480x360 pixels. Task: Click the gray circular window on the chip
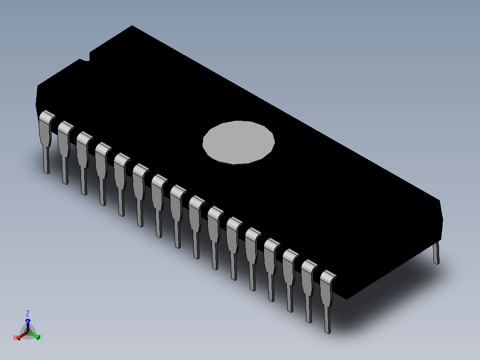tap(239, 142)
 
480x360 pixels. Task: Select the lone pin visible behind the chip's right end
tap(436, 253)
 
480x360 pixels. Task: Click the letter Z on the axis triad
tap(28, 313)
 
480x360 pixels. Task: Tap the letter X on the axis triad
tap(14, 338)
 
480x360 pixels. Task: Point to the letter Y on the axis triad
tap(42, 337)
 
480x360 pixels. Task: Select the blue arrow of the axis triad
tap(28, 324)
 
